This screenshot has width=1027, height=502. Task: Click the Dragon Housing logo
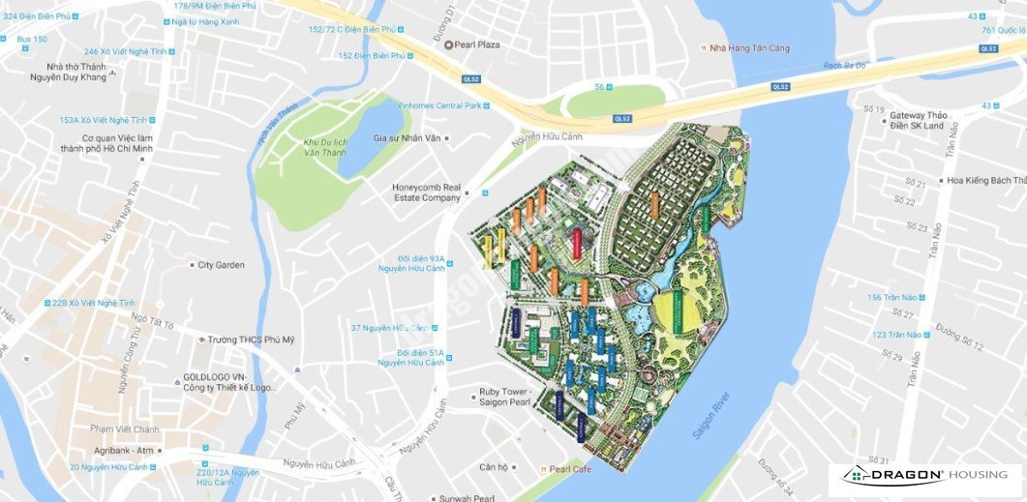(925, 475)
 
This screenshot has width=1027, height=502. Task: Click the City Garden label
(221, 264)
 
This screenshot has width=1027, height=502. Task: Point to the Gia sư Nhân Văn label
(407, 137)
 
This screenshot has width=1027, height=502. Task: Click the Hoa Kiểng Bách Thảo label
(985, 180)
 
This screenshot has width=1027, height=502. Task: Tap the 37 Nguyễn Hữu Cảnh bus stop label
(389, 328)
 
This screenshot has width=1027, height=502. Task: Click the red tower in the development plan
(577, 242)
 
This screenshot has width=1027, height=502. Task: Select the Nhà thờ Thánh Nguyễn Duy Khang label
(69, 73)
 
